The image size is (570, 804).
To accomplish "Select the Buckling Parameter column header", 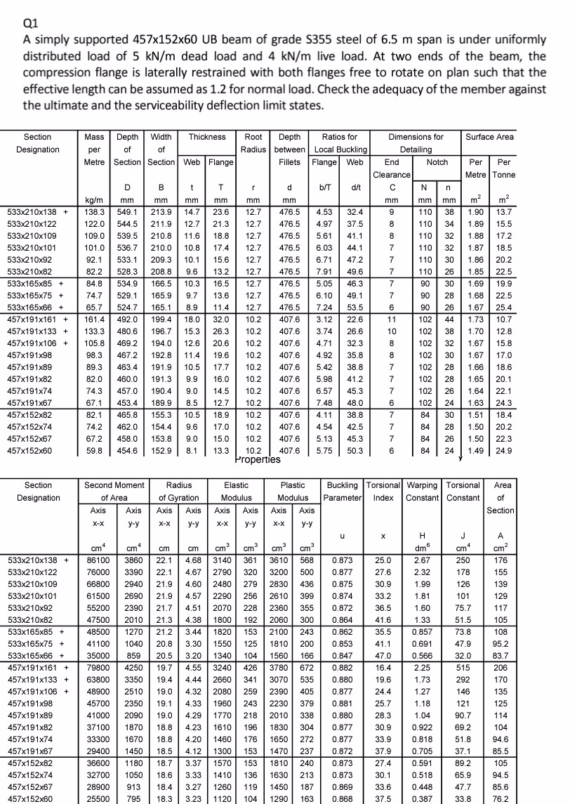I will pyautogui.click(x=341, y=492).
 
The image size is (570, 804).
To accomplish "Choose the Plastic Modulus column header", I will pyautogui.click(x=297, y=492).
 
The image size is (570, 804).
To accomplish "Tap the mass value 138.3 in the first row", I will pyautogui.click(x=93, y=210).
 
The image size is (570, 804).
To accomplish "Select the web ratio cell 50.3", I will pyautogui.click(x=355, y=451).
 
